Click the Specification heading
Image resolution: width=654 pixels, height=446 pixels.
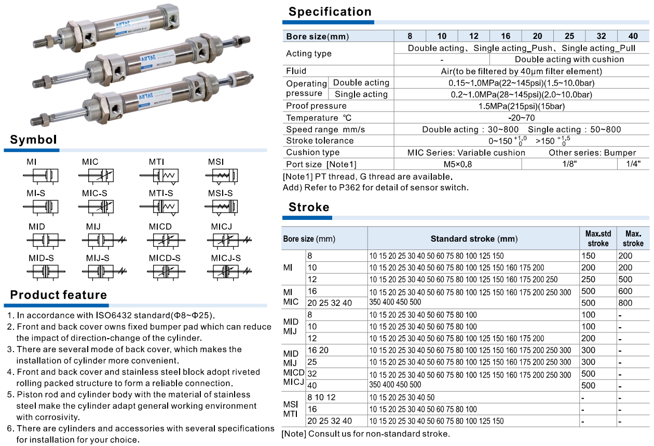tap(330, 12)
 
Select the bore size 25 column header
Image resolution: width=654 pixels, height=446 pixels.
tap(569, 36)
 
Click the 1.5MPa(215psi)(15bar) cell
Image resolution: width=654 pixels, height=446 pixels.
tap(521, 106)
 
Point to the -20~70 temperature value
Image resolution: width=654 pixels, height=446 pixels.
tap(521, 118)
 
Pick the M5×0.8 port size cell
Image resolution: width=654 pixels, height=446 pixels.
tap(457, 164)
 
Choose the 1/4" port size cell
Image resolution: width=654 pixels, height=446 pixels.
tap(633, 164)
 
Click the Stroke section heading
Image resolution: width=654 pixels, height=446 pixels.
tap(309, 207)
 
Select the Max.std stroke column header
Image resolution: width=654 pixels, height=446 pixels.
tap(598, 239)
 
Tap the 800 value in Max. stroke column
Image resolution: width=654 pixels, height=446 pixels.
tap(625, 303)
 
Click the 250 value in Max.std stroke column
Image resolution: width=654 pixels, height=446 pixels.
tap(589, 280)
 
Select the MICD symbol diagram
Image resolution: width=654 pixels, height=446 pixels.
tap(163, 240)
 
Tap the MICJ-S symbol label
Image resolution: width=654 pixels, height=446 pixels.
tap(226, 258)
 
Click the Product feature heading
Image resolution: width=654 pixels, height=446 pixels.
tap(59, 295)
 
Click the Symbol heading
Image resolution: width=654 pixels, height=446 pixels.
tap(33, 140)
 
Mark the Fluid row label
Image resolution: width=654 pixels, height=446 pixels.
tap(296, 71)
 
